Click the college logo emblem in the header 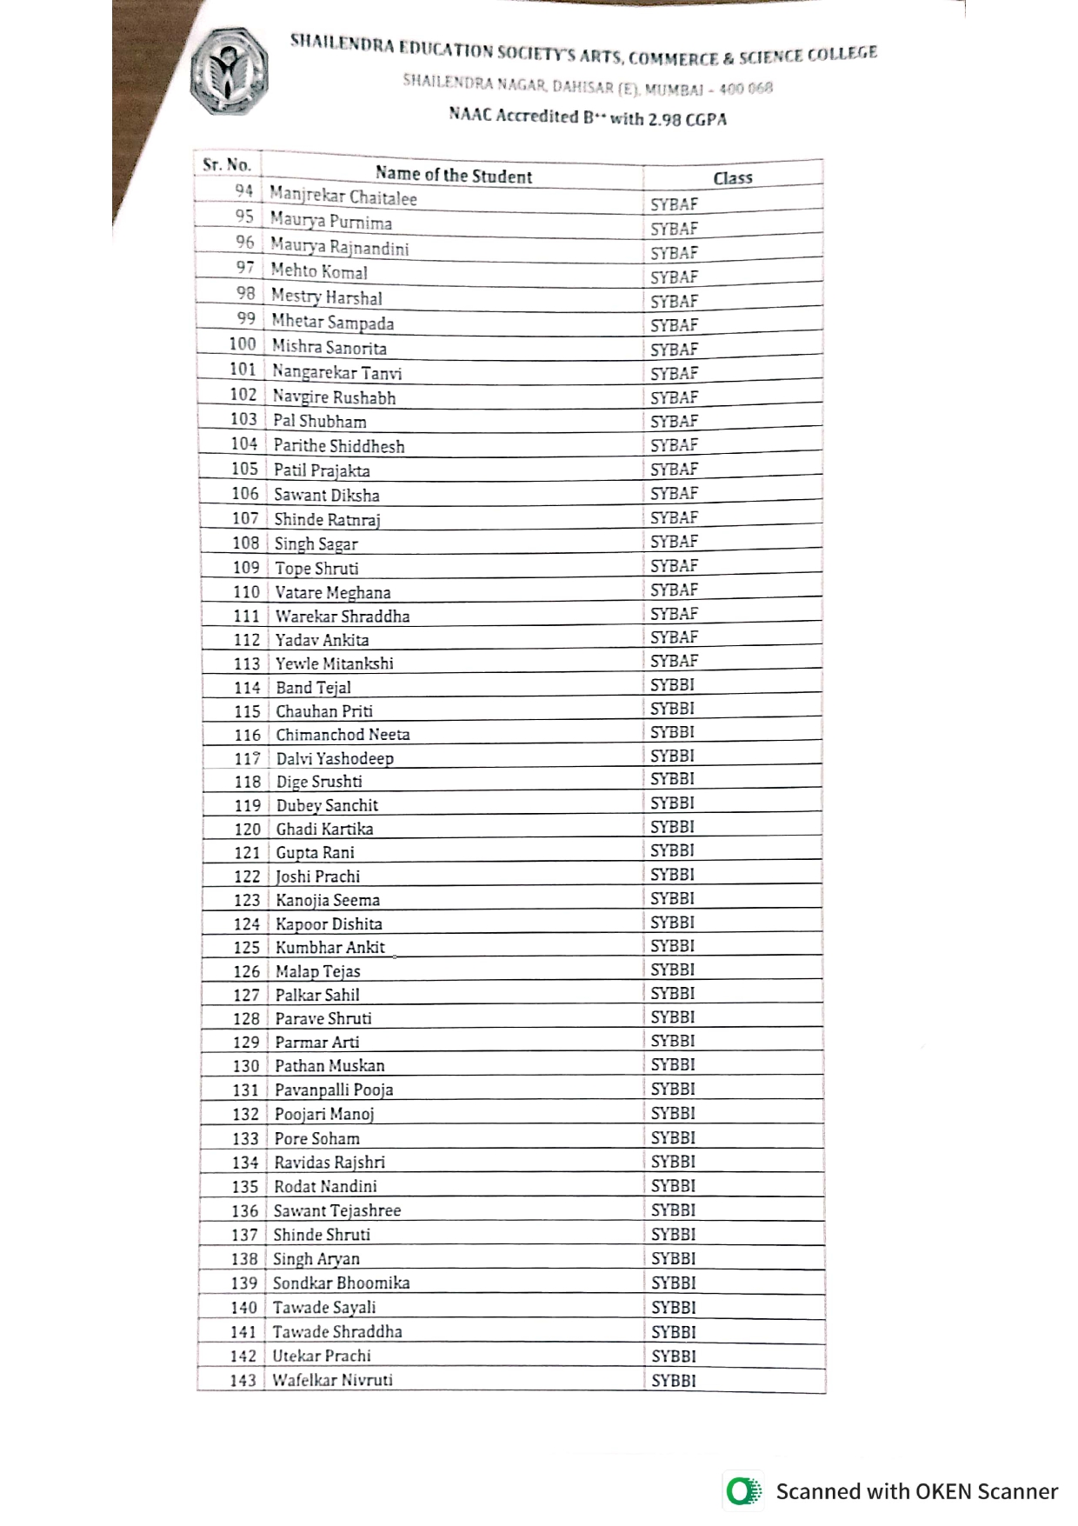click(x=230, y=71)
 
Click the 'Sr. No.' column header click(x=227, y=164)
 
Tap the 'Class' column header click(x=733, y=177)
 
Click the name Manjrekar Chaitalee click(x=343, y=197)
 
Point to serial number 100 click(x=243, y=344)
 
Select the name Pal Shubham click(x=319, y=422)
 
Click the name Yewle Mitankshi click(x=334, y=663)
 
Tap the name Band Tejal click(x=313, y=688)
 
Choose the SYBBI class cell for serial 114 click(x=672, y=684)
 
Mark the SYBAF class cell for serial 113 click(x=674, y=661)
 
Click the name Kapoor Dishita click(x=329, y=924)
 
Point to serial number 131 click(x=245, y=1090)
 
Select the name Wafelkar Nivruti click(x=332, y=1380)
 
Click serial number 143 click(x=243, y=1381)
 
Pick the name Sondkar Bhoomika click(x=341, y=1283)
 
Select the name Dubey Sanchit click(x=327, y=805)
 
